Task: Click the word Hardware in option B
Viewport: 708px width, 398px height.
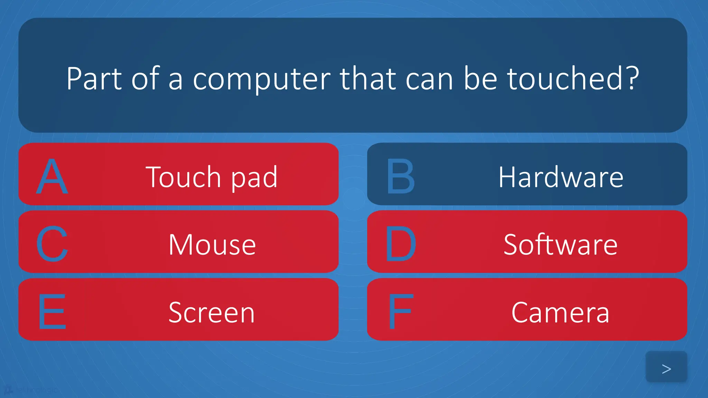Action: pyautogui.click(x=561, y=177)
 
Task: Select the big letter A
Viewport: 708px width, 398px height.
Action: pyautogui.click(x=52, y=176)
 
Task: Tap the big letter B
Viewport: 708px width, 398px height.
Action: pyautogui.click(x=400, y=176)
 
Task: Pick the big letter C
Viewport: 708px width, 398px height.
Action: pyautogui.click(x=52, y=244)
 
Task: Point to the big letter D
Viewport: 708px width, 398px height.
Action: pyautogui.click(x=400, y=244)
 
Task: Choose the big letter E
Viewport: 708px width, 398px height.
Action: pyautogui.click(x=52, y=312)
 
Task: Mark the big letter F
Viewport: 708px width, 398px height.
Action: pyautogui.click(x=400, y=312)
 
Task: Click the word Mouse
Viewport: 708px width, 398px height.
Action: pyautogui.click(x=212, y=245)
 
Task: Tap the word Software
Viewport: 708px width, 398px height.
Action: pyautogui.click(x=560, y=245)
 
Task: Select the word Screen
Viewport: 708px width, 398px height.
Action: pyautogui.click(x=212, y=312)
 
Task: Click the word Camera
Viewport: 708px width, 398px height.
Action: pyautogui.click(x=560, y=312)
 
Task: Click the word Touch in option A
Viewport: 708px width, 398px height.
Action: pyautogui.click(x=184, y=177)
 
